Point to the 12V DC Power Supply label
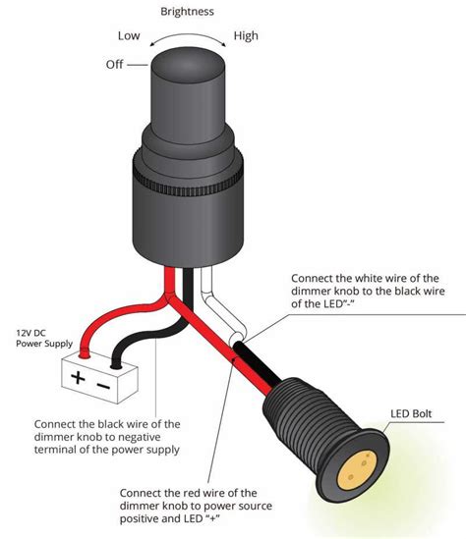tap(42, 338)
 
